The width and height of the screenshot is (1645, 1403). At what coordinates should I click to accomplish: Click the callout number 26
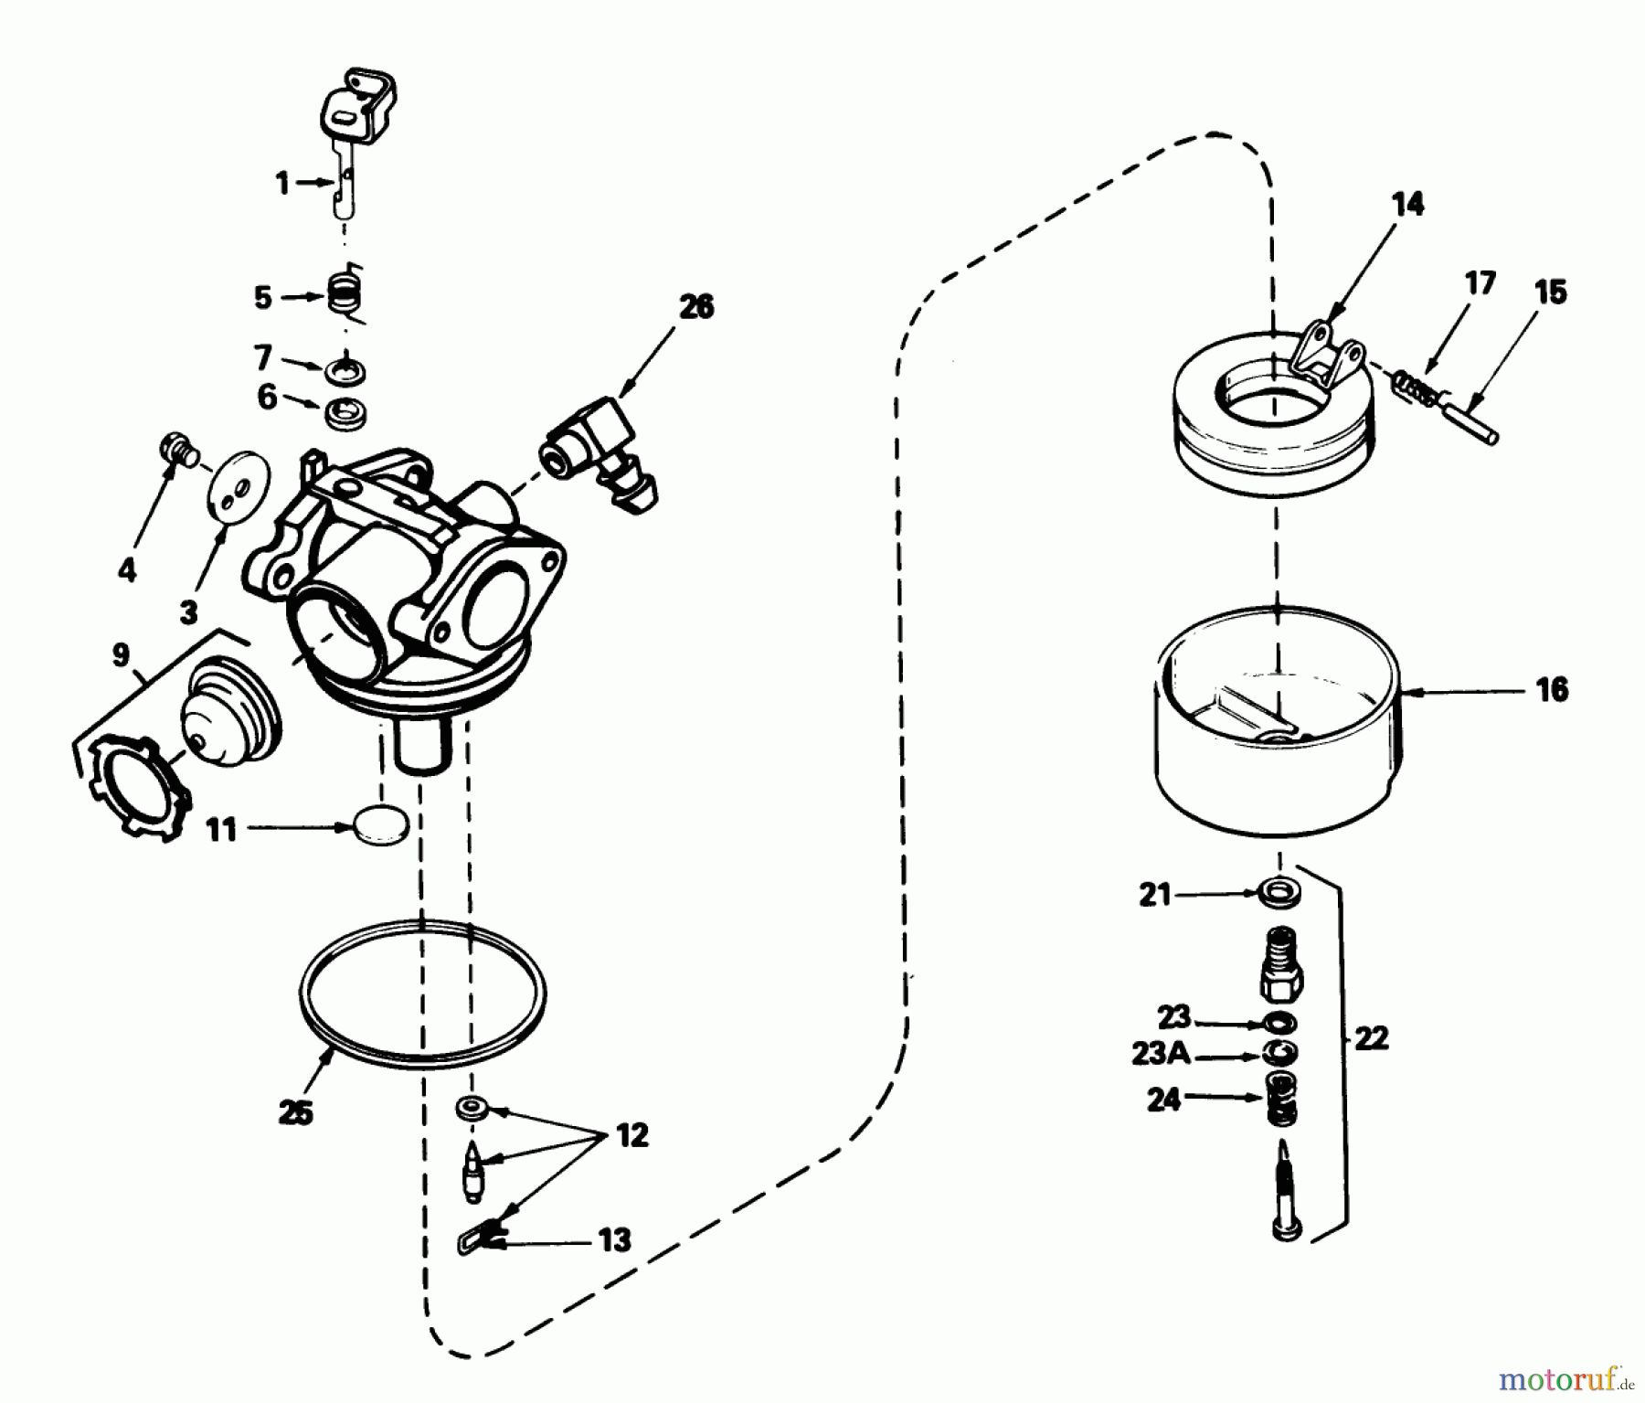(696, 308)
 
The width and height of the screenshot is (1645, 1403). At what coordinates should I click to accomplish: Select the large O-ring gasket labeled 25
(423, 991)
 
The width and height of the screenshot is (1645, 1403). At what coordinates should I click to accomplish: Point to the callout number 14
(1408, 206)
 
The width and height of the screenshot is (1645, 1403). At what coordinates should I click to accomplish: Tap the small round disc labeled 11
(381, 825)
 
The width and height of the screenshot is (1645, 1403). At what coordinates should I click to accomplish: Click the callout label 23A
(1161, 1054)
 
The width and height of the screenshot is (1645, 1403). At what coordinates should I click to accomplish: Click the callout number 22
(1371, 1038)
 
